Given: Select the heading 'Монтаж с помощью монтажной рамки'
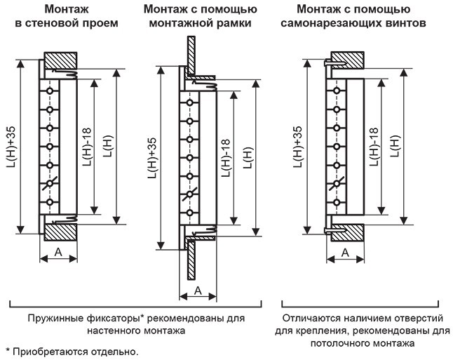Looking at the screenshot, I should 200,16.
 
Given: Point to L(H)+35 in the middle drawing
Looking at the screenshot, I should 152,159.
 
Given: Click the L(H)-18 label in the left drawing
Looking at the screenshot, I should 85,148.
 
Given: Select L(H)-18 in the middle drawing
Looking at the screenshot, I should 226,158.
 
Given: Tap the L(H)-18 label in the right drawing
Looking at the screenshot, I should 373,148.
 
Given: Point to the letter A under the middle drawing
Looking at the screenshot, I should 198,289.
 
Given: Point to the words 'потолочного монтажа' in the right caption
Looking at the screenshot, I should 363,344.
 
